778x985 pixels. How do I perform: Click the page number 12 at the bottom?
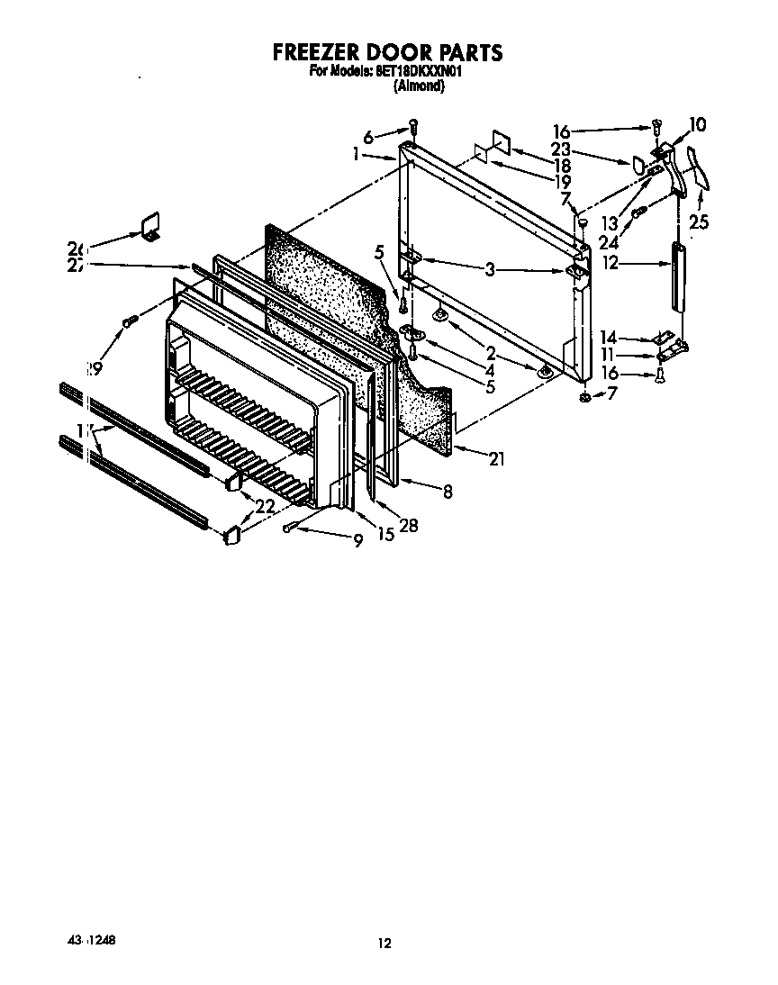pos(384,944)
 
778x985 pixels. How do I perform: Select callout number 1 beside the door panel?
pos(357,155)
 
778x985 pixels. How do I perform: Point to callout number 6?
pos(368,137)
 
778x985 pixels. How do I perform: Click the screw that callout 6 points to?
pos(413,125)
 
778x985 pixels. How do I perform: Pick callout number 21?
pos(495,459)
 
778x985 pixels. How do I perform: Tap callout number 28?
pos(408,527)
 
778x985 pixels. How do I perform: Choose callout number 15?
pos(385,534)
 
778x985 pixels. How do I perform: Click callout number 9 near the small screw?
pos(357,540)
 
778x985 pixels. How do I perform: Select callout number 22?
pos(265,507)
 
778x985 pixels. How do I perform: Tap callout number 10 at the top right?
pos(698,125)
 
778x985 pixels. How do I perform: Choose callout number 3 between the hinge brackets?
pos(490,269)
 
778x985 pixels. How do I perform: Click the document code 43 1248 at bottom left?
pos(90,940)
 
